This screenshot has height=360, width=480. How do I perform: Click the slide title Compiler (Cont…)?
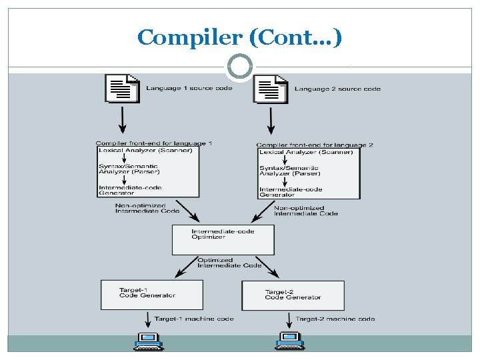click(239, 37)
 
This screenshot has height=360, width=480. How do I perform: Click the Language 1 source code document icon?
click(123, 87)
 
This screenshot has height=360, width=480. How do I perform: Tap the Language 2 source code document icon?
click(270, 88)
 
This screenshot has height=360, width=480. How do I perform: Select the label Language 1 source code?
click(189, 89)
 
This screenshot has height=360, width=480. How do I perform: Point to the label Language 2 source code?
click(337, 89)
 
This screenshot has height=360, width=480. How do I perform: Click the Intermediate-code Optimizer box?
click(223, 239)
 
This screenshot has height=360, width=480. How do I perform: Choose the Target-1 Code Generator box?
click(152, 295)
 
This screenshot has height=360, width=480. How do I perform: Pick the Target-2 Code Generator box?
click(293, 295)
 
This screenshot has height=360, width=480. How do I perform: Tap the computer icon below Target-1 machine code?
click(148, 341)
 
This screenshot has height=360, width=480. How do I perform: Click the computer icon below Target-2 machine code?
click(289, 341)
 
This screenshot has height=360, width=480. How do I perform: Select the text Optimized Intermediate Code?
click(229, 263)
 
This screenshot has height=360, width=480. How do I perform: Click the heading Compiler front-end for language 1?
click(154, 143)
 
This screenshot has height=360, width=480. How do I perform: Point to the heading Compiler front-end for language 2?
click(315, 145)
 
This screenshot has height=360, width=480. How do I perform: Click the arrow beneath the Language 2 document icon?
click(271, 121)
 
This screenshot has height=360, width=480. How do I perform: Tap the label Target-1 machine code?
click(194, 319)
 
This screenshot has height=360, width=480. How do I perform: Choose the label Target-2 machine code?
click(335, 319)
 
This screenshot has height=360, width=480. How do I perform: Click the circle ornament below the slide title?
click(239, 67)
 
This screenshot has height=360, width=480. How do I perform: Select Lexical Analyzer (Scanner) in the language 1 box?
click(145, 150)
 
